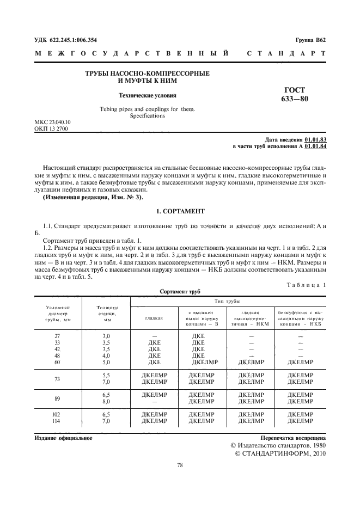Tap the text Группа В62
tap(310, 40)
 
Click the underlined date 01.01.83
tap(315, 140)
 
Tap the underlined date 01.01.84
tap(315, 146)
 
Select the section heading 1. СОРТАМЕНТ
tap(180, 210)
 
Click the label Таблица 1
tap(306, 285)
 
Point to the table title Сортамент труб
tap(180, 292)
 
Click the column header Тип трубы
tap(228, 301)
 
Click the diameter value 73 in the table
tap(57, 379)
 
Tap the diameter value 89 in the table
tap(57, 398)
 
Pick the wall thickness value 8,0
tap(106, 402)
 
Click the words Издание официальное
tap(63, 438)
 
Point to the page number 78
tap(180, 465)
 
